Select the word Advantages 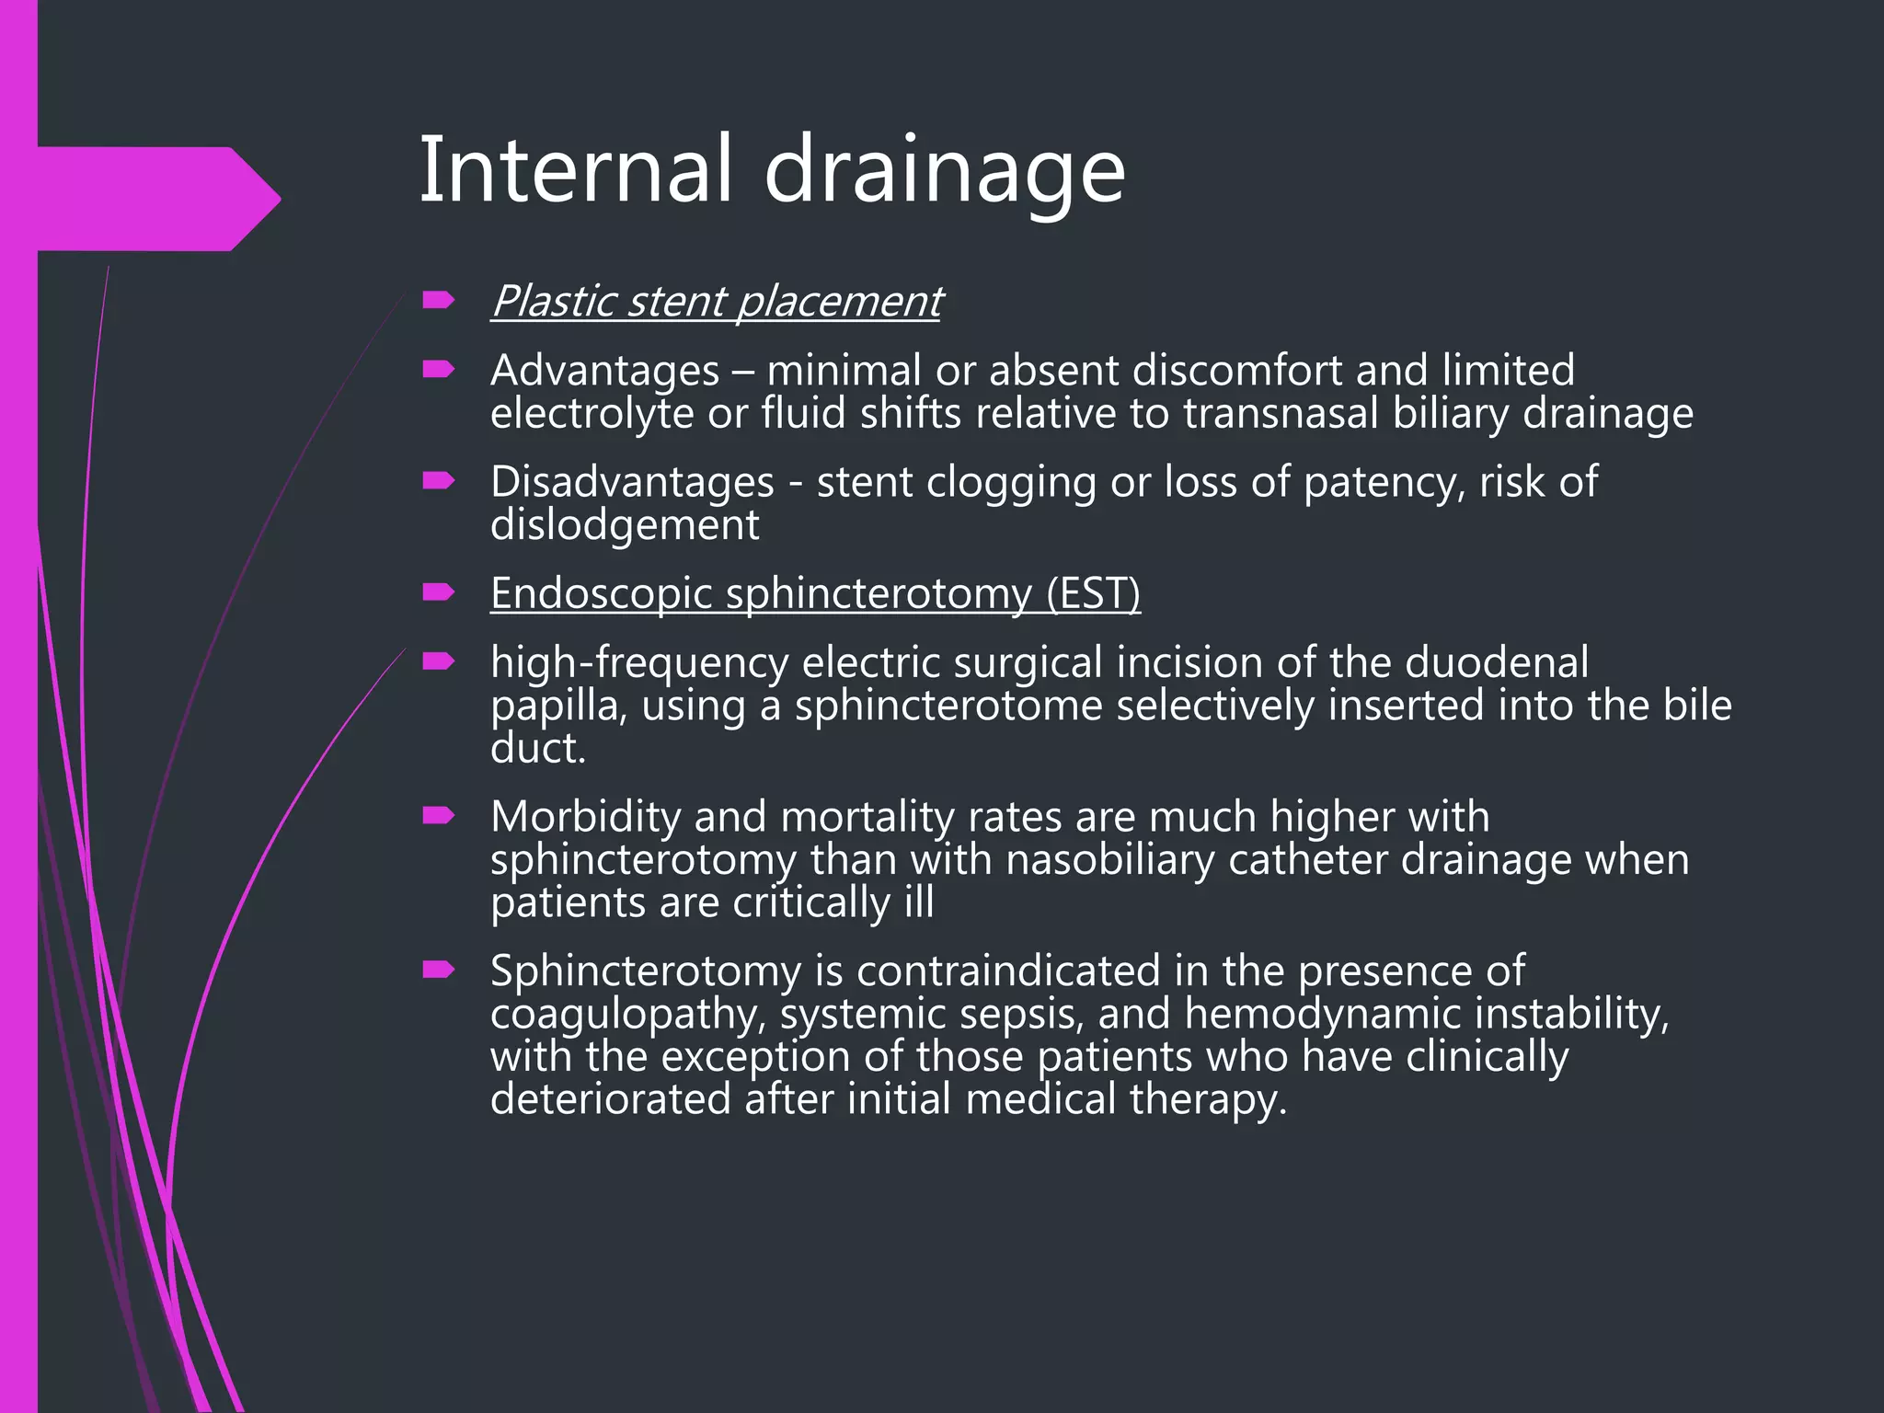coord(604,371)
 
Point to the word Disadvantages coord(632,483)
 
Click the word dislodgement coord(625,525)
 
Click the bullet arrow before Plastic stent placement coord(438,300)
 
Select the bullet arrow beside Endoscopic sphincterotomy coord(438,592)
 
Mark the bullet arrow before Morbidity coord(438,816)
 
